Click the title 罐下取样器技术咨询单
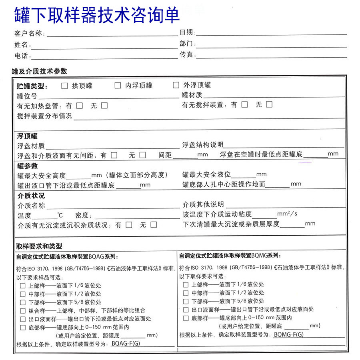97,15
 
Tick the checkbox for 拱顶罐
64,85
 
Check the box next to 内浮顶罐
118,85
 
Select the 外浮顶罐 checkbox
176,85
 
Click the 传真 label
186,55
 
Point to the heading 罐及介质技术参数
40,71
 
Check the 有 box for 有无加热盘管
80,106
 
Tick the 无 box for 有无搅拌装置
269,104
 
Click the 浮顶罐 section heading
27,136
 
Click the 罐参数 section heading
27,166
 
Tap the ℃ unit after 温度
60,215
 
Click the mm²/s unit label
287,214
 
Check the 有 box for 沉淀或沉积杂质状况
128,225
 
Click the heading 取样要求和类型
39,246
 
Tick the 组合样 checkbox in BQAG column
23,310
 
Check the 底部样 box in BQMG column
186,318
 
